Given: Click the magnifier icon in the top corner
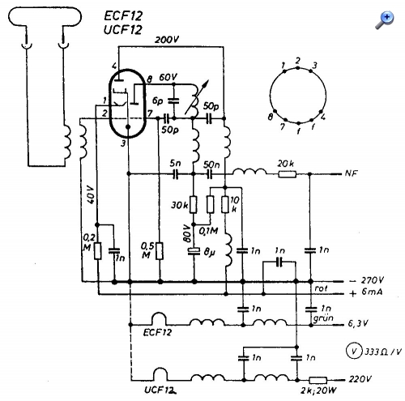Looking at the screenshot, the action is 385,20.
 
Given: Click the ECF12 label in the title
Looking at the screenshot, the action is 123,16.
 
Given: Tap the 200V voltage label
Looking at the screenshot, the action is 167,40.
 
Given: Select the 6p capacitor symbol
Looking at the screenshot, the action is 173,100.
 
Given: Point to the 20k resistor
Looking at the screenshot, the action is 288,174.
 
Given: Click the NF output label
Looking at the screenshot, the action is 351,173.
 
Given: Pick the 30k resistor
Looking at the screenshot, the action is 194,205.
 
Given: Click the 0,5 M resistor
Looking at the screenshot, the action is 160,251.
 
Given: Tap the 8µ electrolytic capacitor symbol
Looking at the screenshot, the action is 194,251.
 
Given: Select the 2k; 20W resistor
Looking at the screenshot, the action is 318,380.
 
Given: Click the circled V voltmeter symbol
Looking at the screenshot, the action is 354,351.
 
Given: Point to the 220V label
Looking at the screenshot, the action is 360,379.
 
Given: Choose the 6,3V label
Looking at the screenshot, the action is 358,323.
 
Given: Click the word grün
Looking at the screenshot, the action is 323,318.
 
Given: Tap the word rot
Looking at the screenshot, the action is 321,288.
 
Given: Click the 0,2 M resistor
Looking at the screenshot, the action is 98,251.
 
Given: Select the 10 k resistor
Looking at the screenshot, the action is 225,205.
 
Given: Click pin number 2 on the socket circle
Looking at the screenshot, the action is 297,61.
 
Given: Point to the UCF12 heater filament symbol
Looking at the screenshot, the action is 160,374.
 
